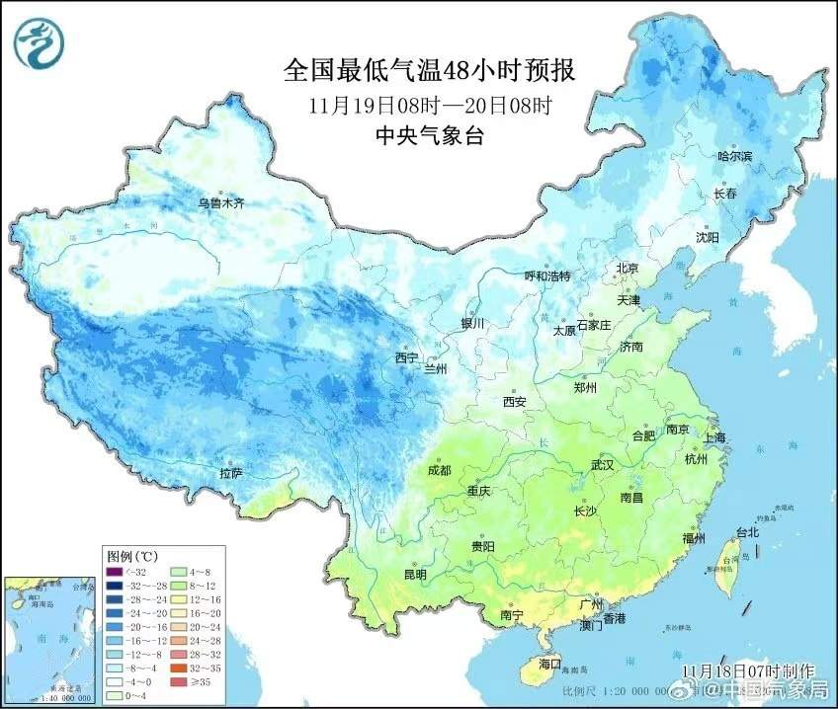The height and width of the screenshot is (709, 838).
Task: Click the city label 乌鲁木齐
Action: tap(220, 203)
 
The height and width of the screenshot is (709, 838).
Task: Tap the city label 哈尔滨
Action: tap(734, 156)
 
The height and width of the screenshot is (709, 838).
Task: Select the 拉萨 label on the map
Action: tap(230, 474)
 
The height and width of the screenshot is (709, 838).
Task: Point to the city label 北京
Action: tap(628, 268)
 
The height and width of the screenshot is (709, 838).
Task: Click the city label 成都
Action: tap(439, 470)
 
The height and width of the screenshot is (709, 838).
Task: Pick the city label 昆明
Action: tap(415, 574)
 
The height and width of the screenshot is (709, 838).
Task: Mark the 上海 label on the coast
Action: tap(716, 435)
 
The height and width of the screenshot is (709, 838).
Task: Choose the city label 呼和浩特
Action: tap(546, 276)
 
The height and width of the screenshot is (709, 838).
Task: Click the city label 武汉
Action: tap(602, 464)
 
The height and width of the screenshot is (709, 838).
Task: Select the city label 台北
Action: tap(748, 533)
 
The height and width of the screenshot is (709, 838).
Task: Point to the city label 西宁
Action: tap(406, 357)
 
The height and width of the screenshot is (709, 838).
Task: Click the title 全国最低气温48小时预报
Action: tap(429, 70)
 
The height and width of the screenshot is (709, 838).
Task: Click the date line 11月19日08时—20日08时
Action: tap(429, 105)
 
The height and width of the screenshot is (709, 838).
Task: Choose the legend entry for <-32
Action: tap(125, 571)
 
